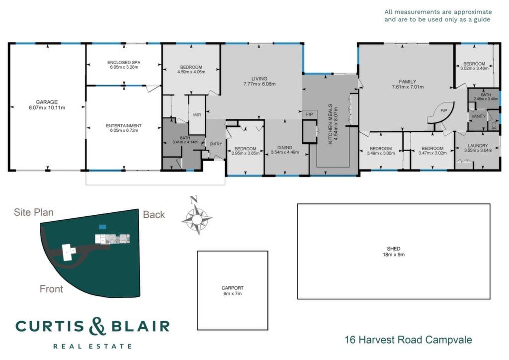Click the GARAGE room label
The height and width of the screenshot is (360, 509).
[47, 102]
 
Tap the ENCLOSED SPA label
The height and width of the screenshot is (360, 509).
[124, 62]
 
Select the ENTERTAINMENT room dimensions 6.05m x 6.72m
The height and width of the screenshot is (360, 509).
[124, 130]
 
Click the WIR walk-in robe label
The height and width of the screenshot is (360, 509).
[197, 115]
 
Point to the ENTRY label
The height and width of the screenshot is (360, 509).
[216, 144]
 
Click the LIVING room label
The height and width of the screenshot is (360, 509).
[259, 79]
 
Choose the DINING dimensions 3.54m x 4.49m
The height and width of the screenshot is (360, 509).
[285, 152]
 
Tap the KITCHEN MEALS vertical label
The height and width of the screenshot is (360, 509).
[330, 124]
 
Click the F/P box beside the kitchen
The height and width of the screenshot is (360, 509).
[309, 114]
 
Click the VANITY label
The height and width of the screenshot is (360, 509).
[479, 116]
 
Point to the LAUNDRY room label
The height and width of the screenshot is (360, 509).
[478, 146]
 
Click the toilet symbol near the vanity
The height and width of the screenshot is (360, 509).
[494, 125]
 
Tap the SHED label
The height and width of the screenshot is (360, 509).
[394, 249]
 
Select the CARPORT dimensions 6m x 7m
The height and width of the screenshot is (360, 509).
[233, 293]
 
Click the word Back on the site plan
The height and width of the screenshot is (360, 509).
[154, 215]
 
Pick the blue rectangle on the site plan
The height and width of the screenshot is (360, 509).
[102, 227]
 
